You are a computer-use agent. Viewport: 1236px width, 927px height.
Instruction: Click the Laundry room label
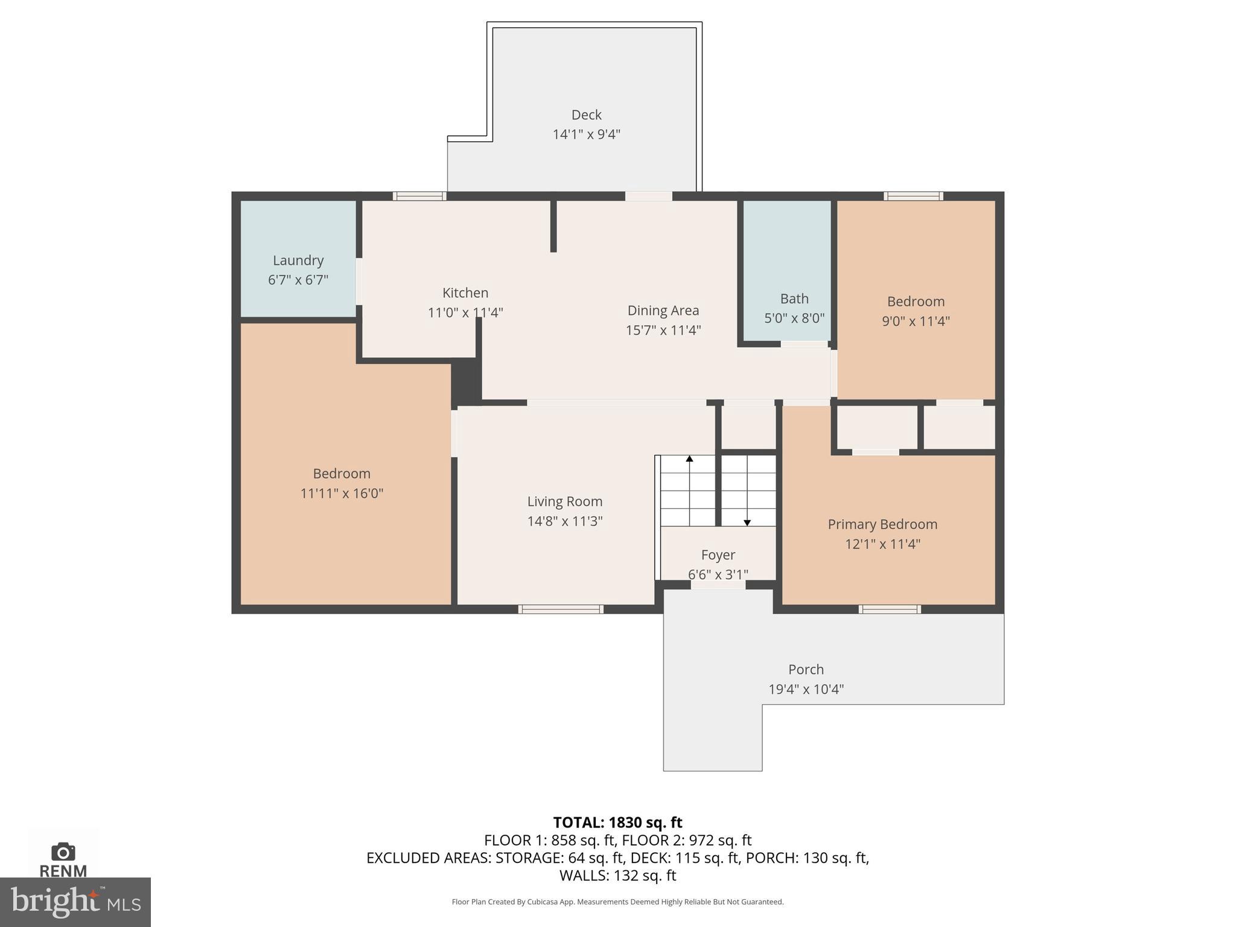click(298, 260)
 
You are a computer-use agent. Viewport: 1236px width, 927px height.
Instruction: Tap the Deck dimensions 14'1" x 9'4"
click(586, 134)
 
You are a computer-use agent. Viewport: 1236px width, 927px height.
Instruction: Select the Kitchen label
click(465, 293)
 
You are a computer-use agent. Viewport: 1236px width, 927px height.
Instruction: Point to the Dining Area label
click(663, 310)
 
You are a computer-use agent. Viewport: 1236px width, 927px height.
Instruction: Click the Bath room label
click(794, 299)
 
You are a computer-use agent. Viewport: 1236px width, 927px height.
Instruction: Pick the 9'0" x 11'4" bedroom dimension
click(916, 321)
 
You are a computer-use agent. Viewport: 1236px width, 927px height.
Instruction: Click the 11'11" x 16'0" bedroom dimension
click(342, 493)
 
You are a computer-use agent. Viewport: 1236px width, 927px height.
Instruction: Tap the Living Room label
click(564, 502)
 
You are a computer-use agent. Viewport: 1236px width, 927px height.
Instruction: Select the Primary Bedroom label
click(882, 524)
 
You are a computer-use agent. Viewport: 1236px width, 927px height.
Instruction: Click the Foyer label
click(718, 555)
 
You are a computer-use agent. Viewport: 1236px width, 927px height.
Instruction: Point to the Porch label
click(806, 669)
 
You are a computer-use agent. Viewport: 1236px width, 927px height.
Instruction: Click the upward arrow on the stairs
click(689, 459)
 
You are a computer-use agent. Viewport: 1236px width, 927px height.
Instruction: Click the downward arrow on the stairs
click(747, 523)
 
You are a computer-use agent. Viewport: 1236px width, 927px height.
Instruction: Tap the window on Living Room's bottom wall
click(561, 610)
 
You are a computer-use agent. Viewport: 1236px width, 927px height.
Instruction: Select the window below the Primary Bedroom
click(890, 610)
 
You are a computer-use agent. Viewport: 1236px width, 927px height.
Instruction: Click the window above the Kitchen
click(419, 196)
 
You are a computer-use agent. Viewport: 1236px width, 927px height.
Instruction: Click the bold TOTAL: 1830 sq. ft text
click(617, 823)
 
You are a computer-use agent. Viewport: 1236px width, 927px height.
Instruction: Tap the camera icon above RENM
click(63, 852)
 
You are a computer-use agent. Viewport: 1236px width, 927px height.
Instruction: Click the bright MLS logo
click(75, 902)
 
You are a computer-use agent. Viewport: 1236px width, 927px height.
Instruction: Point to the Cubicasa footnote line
click(617, 902)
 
